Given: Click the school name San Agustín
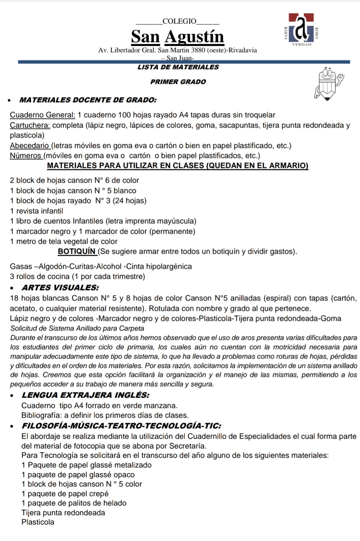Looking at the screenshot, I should pos(177,37).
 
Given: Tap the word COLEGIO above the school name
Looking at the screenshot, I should pos(179,22).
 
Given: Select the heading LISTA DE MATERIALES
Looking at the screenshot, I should pos(178,67).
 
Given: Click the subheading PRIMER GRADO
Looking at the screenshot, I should pos(178,82).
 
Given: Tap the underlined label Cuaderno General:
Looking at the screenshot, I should pos(43,115).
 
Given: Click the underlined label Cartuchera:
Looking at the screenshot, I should pos(30,125).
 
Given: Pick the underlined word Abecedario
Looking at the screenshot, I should pos(29,146).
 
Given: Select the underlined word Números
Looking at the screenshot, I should pos(25,156).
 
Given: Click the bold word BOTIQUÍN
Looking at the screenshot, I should pos(77,251).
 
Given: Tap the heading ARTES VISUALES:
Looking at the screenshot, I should pos(60,288).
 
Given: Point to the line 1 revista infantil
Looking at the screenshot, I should pos(37,211).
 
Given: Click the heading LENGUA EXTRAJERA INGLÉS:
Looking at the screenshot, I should pos(85,395).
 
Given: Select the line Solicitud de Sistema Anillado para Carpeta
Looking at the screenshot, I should pos(77,328).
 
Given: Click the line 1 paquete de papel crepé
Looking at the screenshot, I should pos(65,494).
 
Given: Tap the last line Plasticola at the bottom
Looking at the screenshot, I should pos(38,522).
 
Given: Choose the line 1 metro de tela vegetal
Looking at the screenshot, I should pos(64,241).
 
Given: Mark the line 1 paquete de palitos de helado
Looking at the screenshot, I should pos(74,503).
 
